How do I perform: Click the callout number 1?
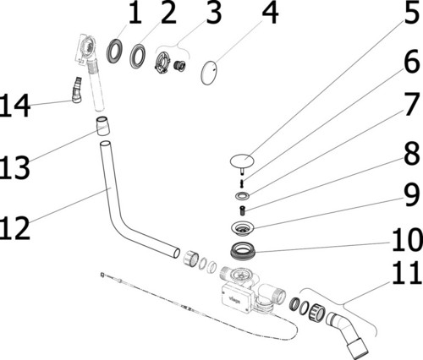coord(135,14)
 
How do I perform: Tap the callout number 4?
coord(270,14)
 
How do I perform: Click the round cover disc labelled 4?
coord(214,71)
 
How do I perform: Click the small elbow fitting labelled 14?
coord(78,88)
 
